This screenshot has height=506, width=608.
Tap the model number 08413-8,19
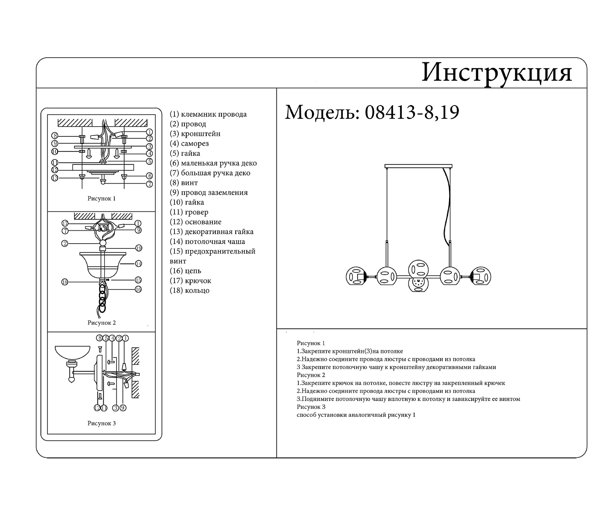point(412,112)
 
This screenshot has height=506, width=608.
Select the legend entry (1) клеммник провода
point(208,114)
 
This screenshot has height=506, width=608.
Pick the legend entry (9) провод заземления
point(209,192)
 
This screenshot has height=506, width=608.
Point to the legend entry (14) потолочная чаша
point(207,241)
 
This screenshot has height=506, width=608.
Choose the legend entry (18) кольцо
point(189,290)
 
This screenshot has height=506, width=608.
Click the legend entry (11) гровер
point(189,212)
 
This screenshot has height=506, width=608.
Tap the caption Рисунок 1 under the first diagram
point(101,198)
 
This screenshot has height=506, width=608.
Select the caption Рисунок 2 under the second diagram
point(101,323)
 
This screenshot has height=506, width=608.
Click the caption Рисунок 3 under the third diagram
point(101,423)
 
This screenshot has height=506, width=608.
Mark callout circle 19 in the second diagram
point(139,248)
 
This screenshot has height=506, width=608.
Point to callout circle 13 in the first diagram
point(55,178)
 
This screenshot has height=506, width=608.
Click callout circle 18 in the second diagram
point(65,282)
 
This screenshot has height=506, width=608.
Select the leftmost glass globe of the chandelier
point(356,276)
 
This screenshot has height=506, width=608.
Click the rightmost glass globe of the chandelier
point(480,276)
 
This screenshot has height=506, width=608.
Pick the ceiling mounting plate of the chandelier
point(418,166)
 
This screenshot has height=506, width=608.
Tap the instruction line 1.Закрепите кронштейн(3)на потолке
point(350,351)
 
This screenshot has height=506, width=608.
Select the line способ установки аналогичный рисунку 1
point(356,415)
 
